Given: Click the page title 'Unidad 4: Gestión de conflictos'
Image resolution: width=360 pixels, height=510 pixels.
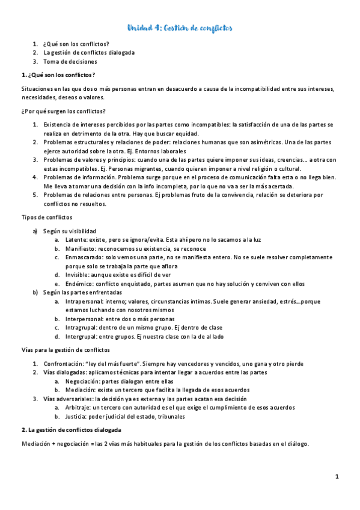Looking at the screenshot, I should click(x=180, y=28).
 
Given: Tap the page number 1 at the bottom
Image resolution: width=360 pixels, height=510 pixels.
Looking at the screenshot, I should click(x=337, y=476).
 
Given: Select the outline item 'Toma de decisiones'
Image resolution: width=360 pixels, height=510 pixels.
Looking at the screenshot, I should click(x=70, y=61).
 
